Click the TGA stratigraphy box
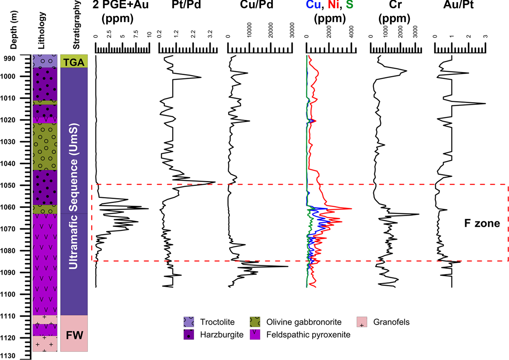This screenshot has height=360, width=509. click(74, 61)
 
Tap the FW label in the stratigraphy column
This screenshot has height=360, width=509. click(74, 335)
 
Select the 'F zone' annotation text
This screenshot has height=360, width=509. click(482, 223)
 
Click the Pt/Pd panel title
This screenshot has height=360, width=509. click(186, 5)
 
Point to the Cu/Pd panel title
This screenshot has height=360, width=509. click(257, 5)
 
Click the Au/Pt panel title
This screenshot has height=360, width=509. click(459, 5)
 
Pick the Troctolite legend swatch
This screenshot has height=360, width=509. click(189, 322)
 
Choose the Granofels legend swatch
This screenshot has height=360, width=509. click(362, 322)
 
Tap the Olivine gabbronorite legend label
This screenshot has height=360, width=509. click(304, 322)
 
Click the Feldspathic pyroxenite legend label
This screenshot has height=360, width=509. click(308, 335)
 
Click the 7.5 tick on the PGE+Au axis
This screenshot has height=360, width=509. click(136, 34)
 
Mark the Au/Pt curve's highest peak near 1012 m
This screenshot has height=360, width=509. click(485, 104)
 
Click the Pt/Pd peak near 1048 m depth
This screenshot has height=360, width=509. click(215, 182)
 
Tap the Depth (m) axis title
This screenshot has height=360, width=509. click(13, 30)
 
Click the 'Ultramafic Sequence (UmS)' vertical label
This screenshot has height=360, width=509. click(74, 196)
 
